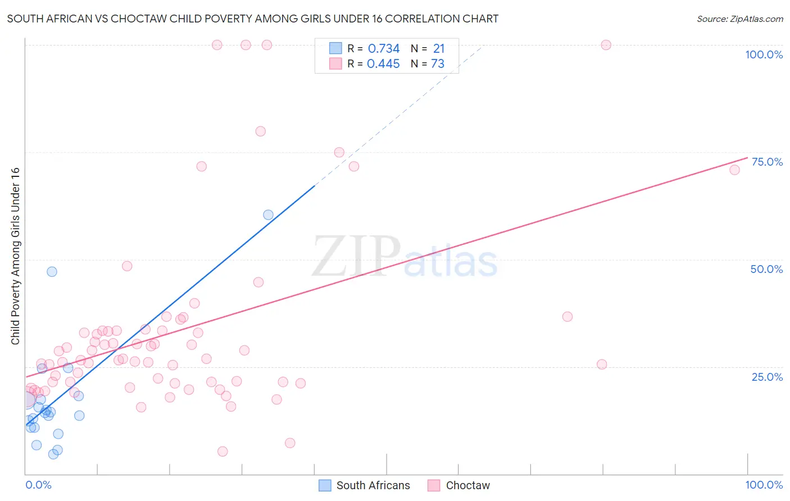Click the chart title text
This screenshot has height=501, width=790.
[252, 19]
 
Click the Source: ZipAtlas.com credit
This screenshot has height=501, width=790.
[739, 19]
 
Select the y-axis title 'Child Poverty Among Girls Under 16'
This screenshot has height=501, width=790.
[15, 256]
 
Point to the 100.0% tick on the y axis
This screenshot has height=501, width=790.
[764, 54]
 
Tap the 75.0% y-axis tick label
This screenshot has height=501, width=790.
[767, 162]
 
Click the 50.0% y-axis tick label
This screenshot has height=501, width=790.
[766, 269]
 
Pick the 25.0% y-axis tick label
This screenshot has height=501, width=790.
[767, 376]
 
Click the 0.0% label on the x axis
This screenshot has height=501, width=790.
[38, 485]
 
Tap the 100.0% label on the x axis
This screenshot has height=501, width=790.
[764, 485]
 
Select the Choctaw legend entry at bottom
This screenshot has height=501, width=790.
[467, 485]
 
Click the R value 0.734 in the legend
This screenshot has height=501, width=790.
[384, 49]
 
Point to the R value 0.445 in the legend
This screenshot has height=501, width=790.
[383, 64]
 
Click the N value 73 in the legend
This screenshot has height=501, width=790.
[438, 64]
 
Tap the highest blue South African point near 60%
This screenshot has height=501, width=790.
[268, 215]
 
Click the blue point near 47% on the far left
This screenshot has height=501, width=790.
[52, 271]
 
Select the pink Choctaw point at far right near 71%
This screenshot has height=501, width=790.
[734, 170]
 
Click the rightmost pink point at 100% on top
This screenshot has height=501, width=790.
[606, 45]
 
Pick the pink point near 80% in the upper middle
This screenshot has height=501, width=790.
[260, 131]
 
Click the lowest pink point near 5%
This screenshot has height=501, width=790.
[223, 451]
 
